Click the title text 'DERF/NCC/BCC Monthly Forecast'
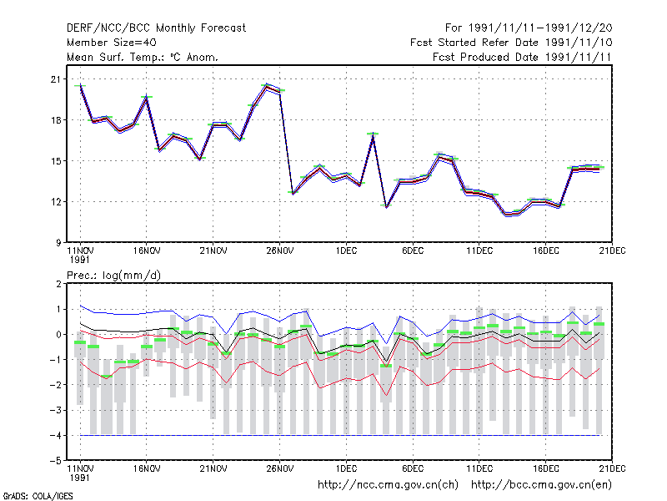(156, 28)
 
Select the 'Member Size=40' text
(112, 43)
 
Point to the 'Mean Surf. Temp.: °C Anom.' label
(143, 57)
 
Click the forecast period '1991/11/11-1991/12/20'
(540, 28)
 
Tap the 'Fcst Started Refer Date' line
(475, 43)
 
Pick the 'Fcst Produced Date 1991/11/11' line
(522, 57)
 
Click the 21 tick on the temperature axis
(56, 79)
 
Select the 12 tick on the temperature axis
(56, 201)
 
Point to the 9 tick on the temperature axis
(58, 242)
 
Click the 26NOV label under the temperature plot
(280, 250)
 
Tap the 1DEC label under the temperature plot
(346, 250)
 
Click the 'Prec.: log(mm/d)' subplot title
(113, 276)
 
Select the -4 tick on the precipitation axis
(56, 435)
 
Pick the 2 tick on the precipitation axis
(58, 284)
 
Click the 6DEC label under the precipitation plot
(413, 468)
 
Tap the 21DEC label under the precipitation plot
(612, 468)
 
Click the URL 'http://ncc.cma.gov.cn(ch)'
(388, 485)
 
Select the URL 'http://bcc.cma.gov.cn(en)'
(541, 485)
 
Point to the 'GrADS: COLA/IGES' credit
(38, 496)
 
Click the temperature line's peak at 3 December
(373, 134)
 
